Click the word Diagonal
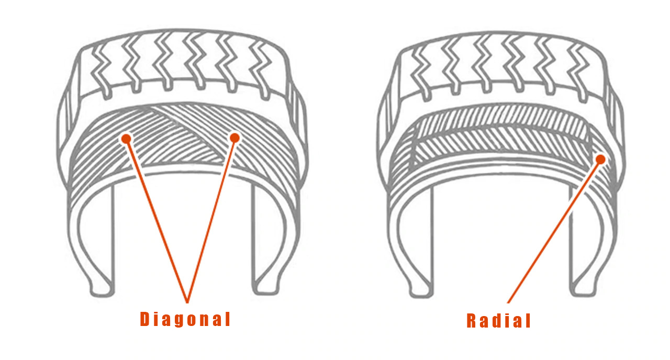185,319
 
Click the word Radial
498,321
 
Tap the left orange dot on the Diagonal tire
126,139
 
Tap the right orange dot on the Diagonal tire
234,138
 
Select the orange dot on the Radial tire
600,159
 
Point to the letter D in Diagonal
145,319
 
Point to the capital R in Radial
472,321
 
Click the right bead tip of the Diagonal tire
262,288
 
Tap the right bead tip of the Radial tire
582,288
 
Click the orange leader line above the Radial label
555,230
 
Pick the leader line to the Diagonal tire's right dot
210,220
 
